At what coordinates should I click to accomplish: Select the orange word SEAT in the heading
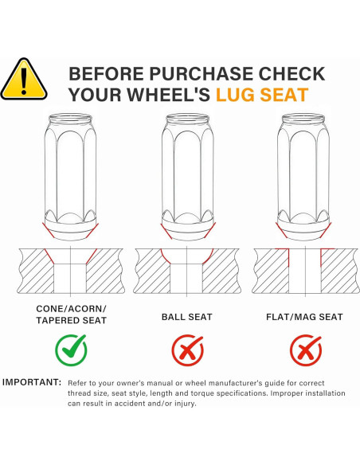pyautogui.click(x=284, y=95)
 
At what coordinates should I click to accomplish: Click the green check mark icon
pyautogui.click(x=71, y=350)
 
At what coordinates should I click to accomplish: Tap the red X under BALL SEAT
pyautogui.click(x=187, y=350)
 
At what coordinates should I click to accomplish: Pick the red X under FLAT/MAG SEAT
pyautogui.click(x=306, y=350)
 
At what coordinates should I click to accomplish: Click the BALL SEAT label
pyautogui.click(x=187, y=317)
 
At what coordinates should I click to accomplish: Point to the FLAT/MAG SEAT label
pyautogui.click(x=304, y=317)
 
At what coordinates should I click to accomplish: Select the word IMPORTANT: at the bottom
pyautogui.click(x=32, y=382)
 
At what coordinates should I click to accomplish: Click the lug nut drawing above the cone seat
pyautogui.click(x=71, y=177)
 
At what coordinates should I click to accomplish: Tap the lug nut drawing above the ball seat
pyautogui.click(x=188, y=177)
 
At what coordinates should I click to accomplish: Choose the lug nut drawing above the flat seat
pyautogui.click(x=303, y=177)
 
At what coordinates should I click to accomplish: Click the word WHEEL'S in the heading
pyautogui.click(x=169, y=95)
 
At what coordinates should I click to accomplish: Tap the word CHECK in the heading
pyautogui.click(x=292, y=74)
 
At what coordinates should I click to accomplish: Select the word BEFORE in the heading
pyautogui.click(x=107, y=74)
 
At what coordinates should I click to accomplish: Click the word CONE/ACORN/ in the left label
pyautogui.click(x=71, y=309)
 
